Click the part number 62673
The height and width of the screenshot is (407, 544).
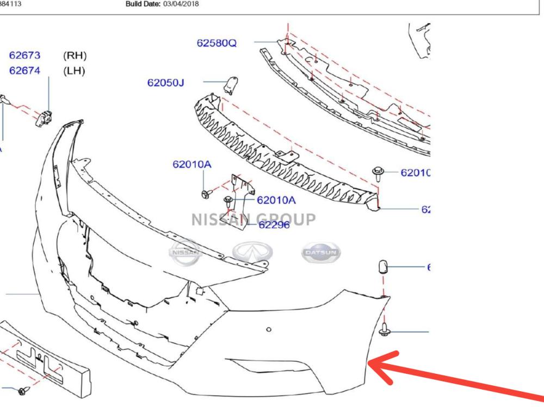coord(27,56)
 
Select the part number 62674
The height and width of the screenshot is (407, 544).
coord(27,71)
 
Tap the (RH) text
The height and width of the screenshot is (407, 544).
coord(75,56)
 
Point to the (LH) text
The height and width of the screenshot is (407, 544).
coord(75,71)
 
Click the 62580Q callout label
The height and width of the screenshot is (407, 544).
coord(217,42)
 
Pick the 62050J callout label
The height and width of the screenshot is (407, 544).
coord(166,83)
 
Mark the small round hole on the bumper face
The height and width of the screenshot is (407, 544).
coord(268,329)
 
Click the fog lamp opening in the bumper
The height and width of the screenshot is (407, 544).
coord(261,365)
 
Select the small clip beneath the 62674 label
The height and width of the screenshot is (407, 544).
coord(43,116)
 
